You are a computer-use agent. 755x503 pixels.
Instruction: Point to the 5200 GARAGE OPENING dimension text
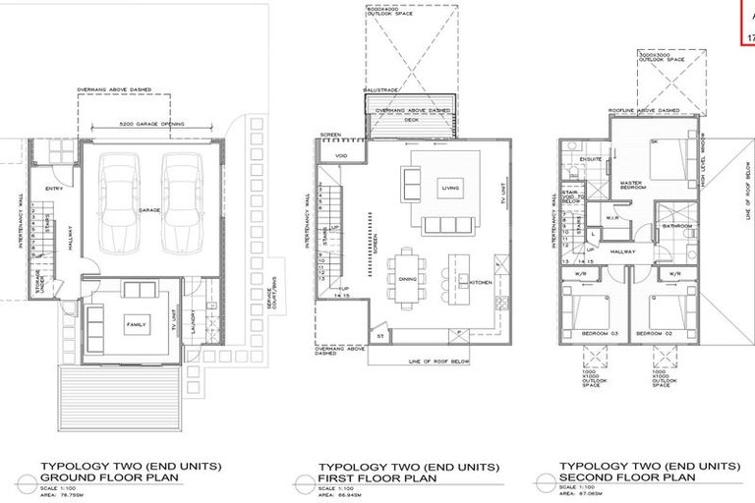(x=151, y=126)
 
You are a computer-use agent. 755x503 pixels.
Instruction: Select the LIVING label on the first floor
(x=451, y=187)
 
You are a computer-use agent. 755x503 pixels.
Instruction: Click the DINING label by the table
(x=408, y=279)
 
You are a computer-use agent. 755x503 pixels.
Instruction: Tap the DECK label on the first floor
(x=413, y=120)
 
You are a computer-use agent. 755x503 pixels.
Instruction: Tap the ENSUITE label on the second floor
(x=592, y=159)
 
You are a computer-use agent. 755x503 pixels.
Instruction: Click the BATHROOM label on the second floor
(x=678, y=226)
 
